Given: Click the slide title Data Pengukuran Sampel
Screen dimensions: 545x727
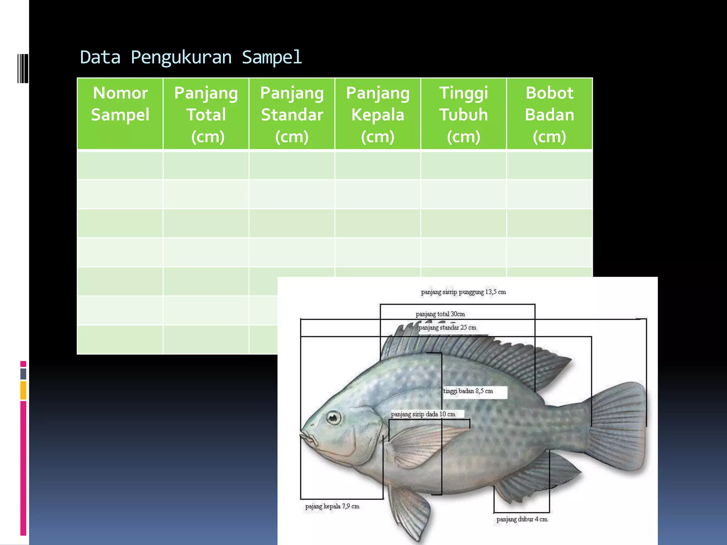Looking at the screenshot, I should [x=191, y=57].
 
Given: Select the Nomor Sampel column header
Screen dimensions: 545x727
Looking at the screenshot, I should [x=120, y=104].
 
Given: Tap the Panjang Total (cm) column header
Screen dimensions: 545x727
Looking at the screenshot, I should [x=206, y=114].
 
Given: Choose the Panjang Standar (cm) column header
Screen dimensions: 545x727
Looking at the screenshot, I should [x=292, y=114].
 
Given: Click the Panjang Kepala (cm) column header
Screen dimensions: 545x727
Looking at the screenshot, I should [x=378, y=114].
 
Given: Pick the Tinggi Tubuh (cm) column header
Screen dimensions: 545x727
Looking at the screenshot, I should [x=464, y=114].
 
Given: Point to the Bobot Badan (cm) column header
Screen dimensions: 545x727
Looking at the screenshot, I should [x=550, y=114].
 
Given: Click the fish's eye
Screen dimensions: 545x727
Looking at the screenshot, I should [x=333, y=418].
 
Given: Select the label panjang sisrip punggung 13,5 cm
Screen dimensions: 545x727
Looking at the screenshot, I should [x=463, y=292].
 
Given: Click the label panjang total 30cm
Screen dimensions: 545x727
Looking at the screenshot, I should [x=440, y=314].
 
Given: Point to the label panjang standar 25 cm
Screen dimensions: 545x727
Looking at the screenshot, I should [x=447, y=327].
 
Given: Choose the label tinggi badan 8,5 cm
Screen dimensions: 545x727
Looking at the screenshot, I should [x=468, y=391].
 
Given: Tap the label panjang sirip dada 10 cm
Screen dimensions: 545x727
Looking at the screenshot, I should [x=423, y=414].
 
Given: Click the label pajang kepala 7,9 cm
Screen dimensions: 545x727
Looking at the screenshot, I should [x=332, y=506].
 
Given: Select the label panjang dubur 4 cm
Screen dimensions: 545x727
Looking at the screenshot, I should [x=522, y=519].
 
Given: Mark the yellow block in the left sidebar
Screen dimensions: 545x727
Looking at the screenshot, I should [x=23, y=390].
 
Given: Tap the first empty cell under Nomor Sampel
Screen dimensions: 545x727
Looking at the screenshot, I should [x=120, y=165].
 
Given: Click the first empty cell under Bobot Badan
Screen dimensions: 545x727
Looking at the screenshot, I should [x=550, y=165].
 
